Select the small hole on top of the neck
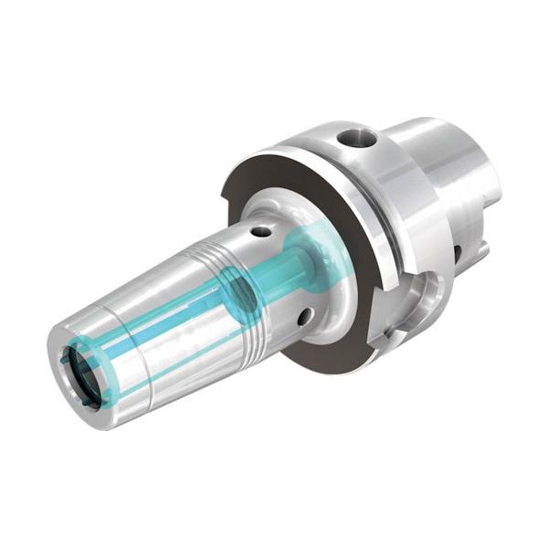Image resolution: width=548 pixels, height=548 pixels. pyautogui.click(x=262, y=231)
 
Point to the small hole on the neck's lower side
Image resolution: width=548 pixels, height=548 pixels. pyautogui.click(x=303, y=316)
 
